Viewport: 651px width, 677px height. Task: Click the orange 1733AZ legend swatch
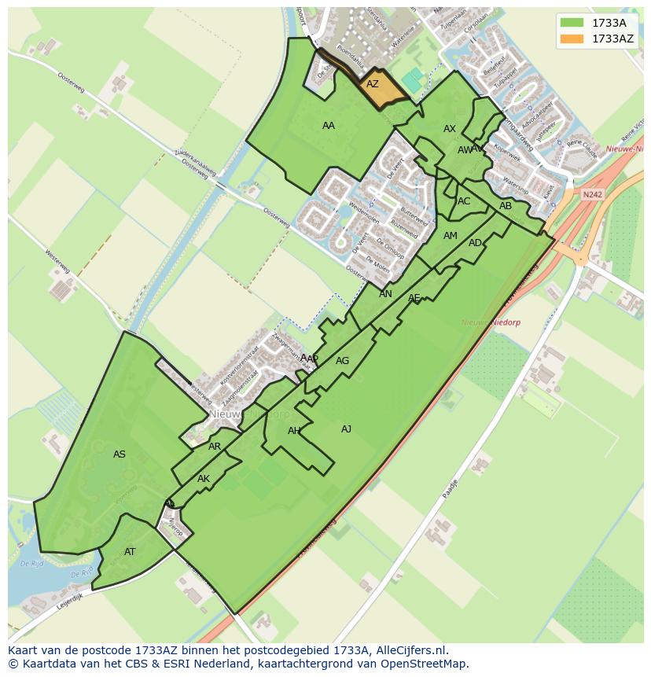(572, 39)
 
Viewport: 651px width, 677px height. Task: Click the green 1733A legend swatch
(572, 23)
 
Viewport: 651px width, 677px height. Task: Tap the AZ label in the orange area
(373, 84)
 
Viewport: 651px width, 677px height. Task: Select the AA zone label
(329, 126)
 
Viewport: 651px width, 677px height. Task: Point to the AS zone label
(120, 454)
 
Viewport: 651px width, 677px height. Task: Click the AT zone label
(130, 552)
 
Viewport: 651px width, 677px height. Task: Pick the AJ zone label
(347, 429)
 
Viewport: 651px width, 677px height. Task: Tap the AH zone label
(294, 431)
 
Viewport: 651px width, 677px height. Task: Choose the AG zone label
(342, 361)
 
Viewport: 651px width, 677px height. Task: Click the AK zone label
(204, 479)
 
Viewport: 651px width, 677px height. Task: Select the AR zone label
(215, 447)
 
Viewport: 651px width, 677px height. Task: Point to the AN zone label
(385, 294)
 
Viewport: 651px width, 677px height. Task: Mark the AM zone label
(451, 236)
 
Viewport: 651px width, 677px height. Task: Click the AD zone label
(475, 243)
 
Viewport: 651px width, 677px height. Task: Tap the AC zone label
(464, 201)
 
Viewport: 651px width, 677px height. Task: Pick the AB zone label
(506, 206)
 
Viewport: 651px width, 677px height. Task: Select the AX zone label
(450, 129)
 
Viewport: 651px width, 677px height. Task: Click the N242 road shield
(592, 194)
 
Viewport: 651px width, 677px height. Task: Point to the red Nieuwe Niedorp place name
(492, 322)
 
